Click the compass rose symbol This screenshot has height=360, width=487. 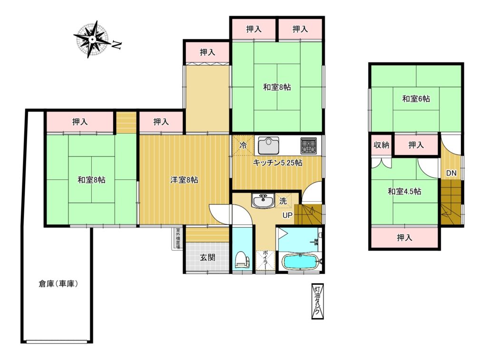click(92, 39)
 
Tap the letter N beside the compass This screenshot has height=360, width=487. click(117, 45)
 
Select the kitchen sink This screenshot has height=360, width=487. click(268, 146)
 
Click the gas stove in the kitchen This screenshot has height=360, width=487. click(308, 146)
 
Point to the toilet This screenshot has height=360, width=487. click(243, 259)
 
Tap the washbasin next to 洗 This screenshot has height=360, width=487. click(263, 201)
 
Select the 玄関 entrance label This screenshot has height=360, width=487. click(207, 257)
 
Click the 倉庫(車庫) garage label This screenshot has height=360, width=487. click(58, 283)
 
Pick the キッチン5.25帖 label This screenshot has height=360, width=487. click(277, 163)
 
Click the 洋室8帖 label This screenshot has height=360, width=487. click(184, 180)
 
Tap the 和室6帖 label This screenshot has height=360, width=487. click(416, 99)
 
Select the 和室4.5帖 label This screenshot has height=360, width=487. click(404, 191)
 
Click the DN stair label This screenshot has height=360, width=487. click(451, 173)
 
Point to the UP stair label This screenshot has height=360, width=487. click(287, 215)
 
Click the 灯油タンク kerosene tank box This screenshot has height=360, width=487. click(317, 302)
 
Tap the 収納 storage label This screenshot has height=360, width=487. click(381, 145)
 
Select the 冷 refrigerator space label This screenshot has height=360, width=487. click(243, 145)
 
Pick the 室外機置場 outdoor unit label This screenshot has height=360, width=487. click(178, 239)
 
